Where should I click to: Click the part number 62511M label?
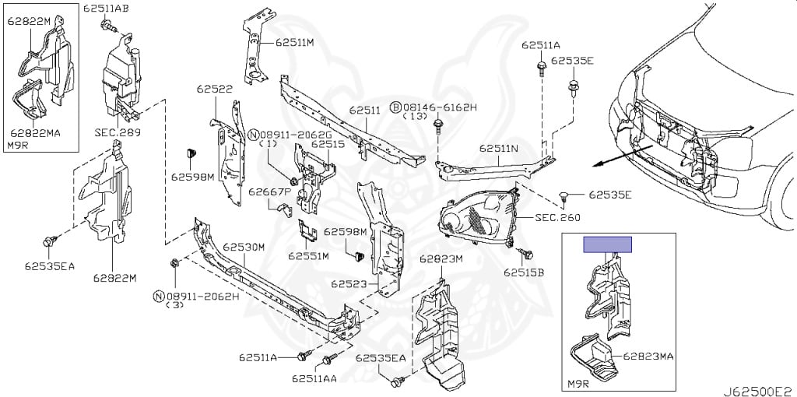point(295,43)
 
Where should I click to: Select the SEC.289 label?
point(118,133)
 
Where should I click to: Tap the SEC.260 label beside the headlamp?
point(557,217)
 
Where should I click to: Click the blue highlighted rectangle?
point(607,244)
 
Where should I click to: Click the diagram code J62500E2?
point(759,391)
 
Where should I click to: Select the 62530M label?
point(244,247)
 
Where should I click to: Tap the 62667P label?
point(269,192)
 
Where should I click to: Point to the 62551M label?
point(308,255)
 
